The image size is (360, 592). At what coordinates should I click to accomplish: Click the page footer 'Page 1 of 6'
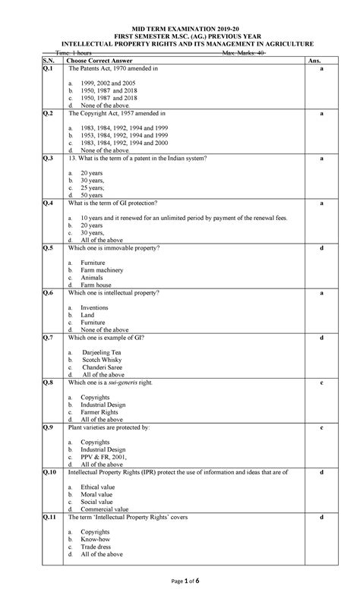(179, 581)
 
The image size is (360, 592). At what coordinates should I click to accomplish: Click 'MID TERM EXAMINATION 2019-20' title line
(180, 26)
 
